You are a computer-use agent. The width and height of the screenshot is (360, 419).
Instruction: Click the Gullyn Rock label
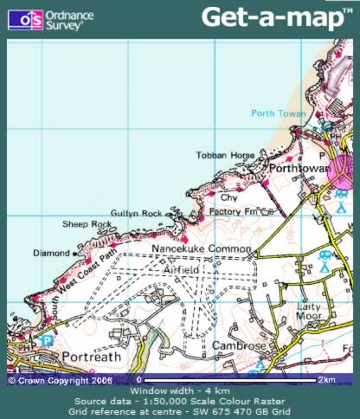136,213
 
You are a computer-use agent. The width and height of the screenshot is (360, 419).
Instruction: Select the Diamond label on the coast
49,254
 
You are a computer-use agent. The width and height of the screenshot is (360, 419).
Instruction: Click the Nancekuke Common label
201,249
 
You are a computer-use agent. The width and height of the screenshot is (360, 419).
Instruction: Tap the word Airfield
181,270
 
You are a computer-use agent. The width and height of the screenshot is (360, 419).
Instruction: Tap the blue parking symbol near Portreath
48,342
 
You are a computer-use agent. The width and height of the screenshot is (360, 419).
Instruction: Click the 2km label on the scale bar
325,380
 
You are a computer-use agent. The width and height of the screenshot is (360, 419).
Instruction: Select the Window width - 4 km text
179,392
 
